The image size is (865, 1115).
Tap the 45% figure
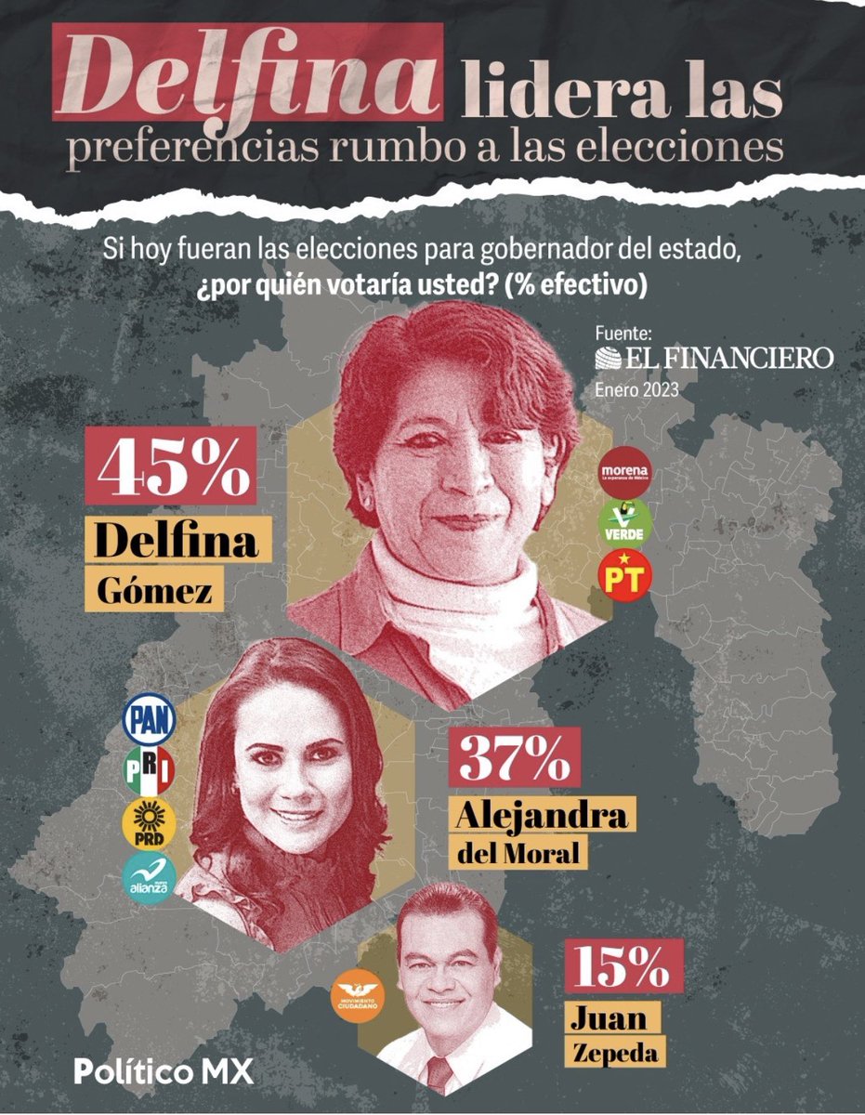click(x=176, y=469)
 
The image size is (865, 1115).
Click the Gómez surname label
click(x=155, y=587)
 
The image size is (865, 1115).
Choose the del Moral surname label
click(x=520, y=851)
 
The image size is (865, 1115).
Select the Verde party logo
click(x=624, y=522)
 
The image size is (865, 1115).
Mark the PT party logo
click(x=624, y=575)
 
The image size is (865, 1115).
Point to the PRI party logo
click(x=149, y=768)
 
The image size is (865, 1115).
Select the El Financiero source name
click(x=714, y=358)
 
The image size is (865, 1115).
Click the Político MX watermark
click(x=164, y=1071)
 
